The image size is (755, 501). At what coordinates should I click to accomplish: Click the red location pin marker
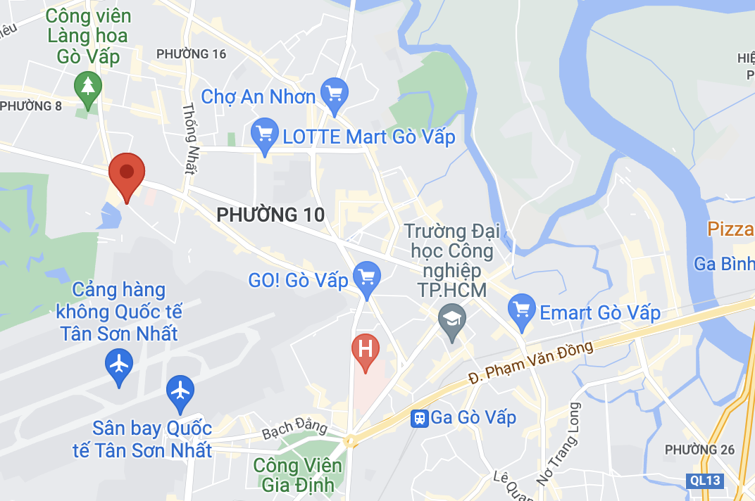(x=127, y=172)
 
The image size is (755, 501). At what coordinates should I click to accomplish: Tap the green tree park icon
(x=88, y=87)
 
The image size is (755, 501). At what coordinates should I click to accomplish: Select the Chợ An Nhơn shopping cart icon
(x=334, y=93)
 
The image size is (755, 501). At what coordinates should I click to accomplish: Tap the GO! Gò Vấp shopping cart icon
(x=366, y=277)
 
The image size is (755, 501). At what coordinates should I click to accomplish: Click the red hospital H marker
(x=366, y=350)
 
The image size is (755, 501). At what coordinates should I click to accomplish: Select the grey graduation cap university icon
(x=451, y=319)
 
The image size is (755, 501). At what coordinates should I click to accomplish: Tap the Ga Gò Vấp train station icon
(x=420, y=418)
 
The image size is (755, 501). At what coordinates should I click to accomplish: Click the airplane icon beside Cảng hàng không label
(x=119, y=365)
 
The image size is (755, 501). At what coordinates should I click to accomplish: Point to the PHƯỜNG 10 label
(x=270, y=215)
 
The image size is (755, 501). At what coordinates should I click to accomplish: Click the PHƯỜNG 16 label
(x=192, y=54)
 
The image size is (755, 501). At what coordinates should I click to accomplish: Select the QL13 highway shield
(x=704, y=481)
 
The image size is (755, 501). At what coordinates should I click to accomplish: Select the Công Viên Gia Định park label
(x=297, y=475)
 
